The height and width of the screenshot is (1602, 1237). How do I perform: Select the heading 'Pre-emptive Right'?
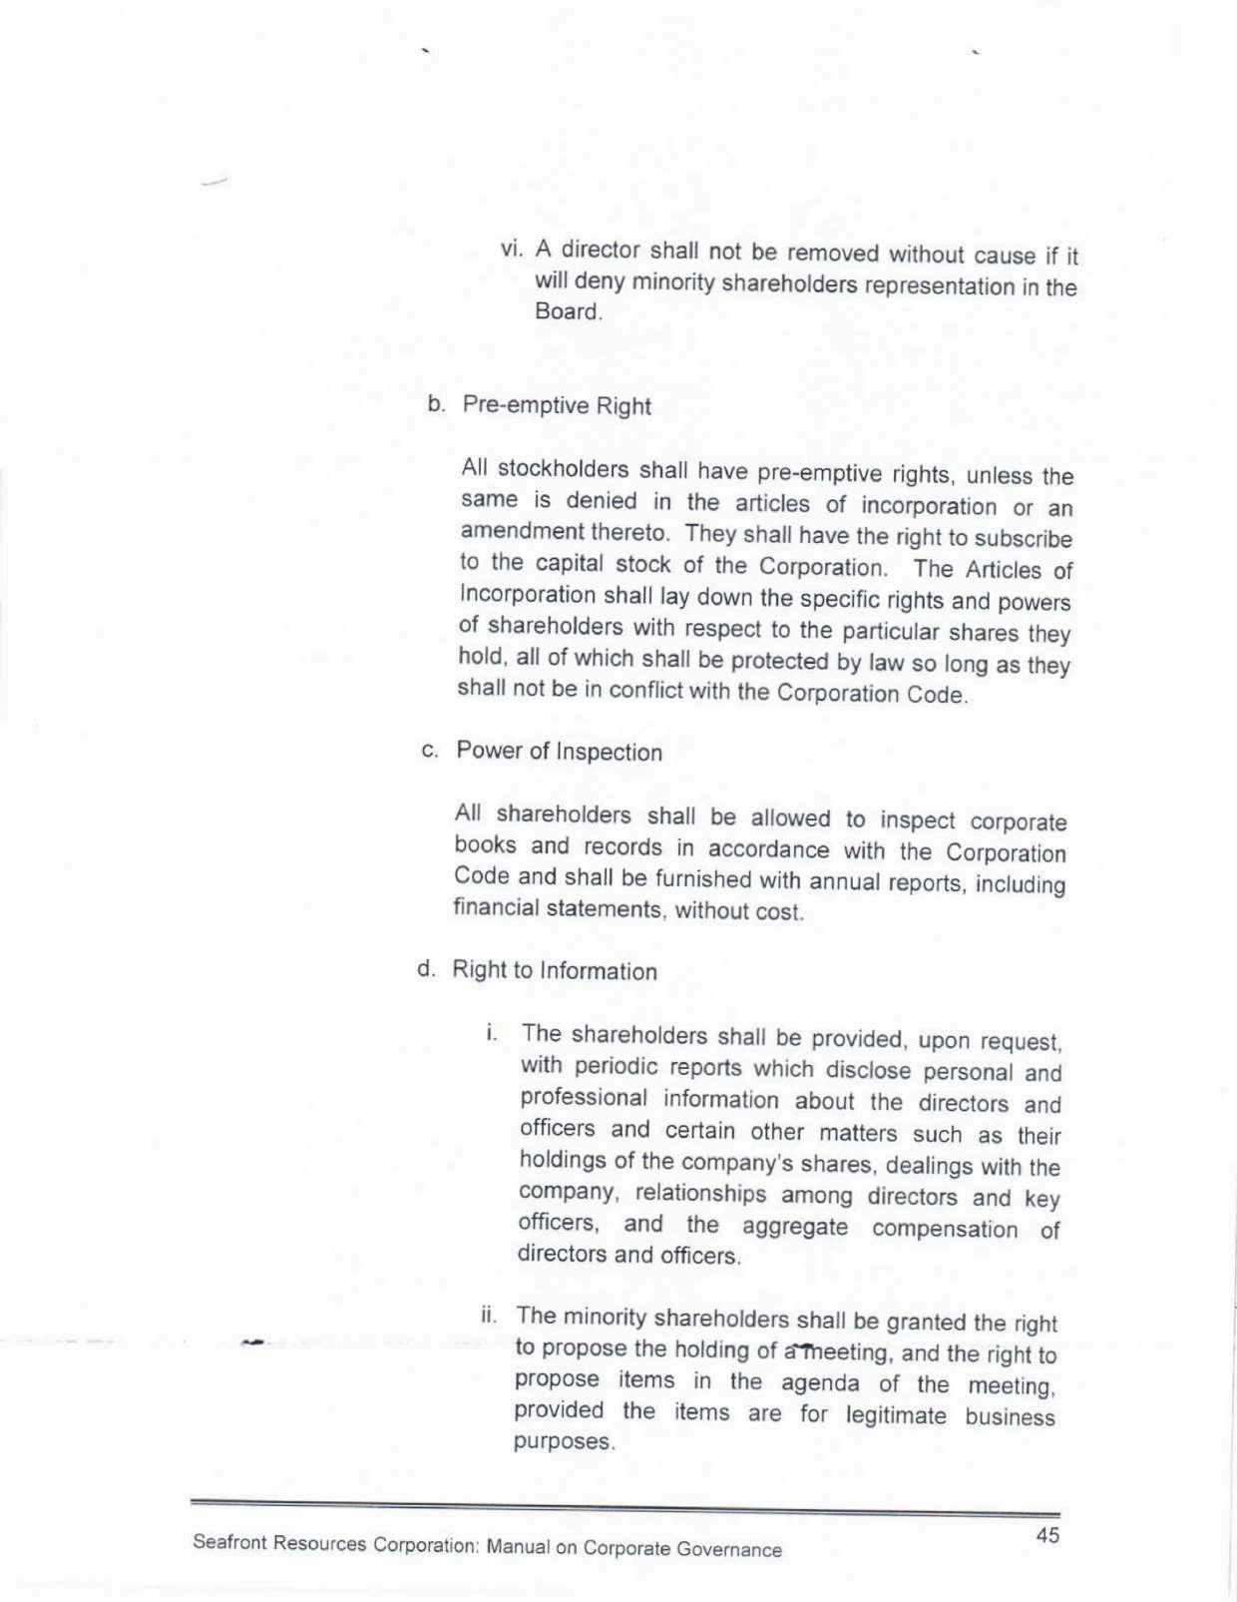pos(556,405)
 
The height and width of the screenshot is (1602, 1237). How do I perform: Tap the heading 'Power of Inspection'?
pos(559,751)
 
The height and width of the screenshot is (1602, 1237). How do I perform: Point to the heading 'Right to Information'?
pos(555,970)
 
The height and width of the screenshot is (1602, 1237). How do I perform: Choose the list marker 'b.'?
pos(436,403)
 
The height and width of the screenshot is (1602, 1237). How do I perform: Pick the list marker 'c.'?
pos(430,750)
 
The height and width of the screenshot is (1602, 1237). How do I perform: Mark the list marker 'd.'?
pos(426,968)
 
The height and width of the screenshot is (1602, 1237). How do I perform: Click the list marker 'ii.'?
pos(489,1313)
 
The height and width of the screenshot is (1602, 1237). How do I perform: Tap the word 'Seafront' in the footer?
pos(229,1541)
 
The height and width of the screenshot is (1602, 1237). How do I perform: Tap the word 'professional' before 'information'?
pos(584,1097)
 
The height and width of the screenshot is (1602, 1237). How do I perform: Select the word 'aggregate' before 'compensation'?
pos(795,1226)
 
